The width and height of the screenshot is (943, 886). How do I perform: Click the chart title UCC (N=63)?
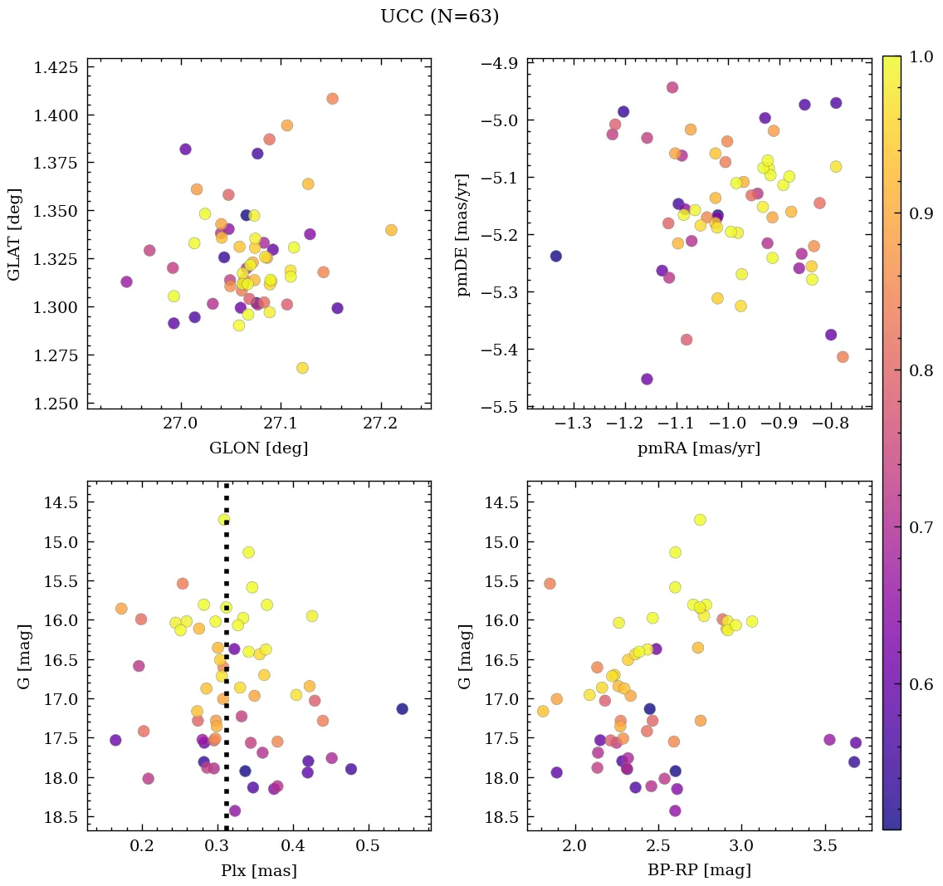pyautogui.click(x=439, y=17)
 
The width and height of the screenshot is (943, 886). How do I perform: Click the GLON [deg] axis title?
pyautogui.click(x=259, y=448)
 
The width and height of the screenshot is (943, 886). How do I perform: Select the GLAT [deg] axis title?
pyautogui.click(x=16, y=233)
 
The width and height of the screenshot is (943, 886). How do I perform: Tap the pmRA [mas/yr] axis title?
pyautogui.click(x=699, y=448)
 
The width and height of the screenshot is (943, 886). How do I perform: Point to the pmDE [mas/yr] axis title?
pyautogui.click(x=462, y=233)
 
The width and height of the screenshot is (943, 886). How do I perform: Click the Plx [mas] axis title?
pyautogui.click(x=259, y=871)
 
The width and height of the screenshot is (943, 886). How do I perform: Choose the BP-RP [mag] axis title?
pyautogui.click(x=699, y=871)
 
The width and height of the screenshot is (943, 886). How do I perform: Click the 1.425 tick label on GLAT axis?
pyautogui.click(x=56, y=67)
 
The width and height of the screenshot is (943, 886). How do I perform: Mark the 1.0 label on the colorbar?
pyautogui.click(x=920, y=56)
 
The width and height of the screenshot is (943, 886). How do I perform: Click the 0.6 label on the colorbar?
pyautogui.click(x=920, y=684)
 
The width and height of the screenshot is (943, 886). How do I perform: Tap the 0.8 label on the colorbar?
pyautogui.click(x=920, y=370)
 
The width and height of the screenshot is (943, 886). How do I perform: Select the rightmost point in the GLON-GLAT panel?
pyautogui.click(x=391, y=230)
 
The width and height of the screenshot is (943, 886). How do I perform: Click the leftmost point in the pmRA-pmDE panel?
pyautogui.click(x=556, y=256)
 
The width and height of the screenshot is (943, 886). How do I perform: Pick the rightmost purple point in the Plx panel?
pyautogui.click(x=403, y=708)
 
